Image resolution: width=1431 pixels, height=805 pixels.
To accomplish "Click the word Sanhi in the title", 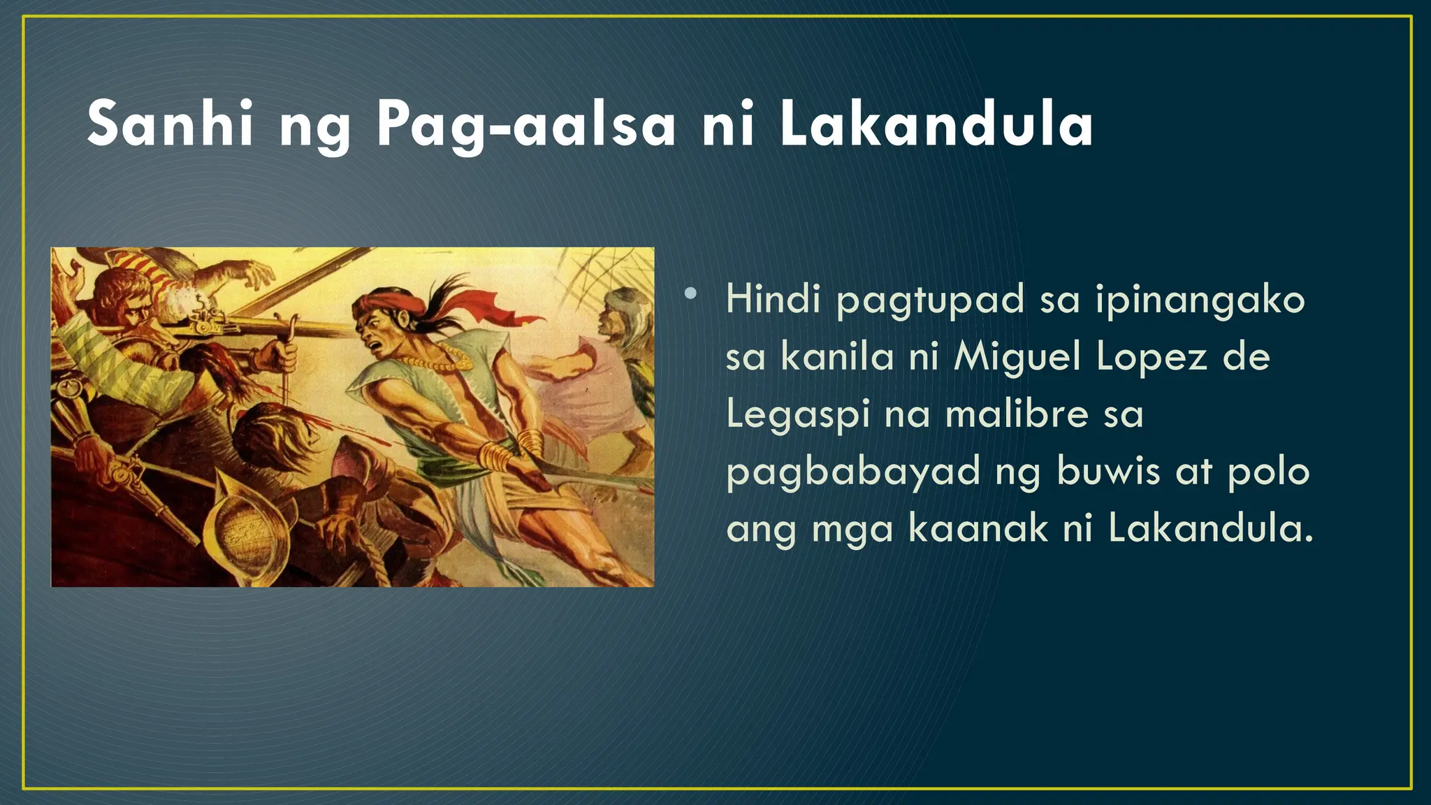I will [x=169, y=124].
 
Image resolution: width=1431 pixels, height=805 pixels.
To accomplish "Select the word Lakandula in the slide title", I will [x=936, y=124].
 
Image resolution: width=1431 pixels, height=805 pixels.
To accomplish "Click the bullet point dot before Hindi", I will [x=690, y=294].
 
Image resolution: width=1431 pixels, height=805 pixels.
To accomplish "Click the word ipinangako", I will [x=1200, y=300].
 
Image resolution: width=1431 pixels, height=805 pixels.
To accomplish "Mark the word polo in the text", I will [x=1269, y=471].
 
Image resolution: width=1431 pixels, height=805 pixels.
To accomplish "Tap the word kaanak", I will [x=978, y=528].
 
